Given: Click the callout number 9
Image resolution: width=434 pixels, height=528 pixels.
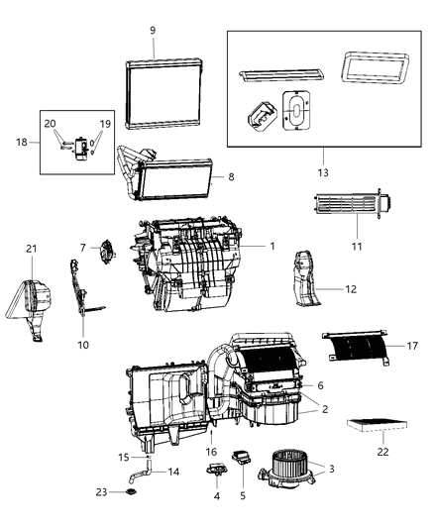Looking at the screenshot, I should pos(153,31).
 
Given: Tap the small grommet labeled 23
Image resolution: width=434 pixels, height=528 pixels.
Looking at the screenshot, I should pos(133,492).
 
